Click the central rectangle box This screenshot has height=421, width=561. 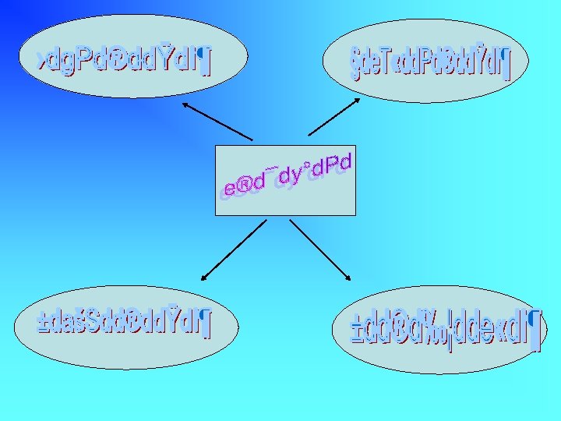285,203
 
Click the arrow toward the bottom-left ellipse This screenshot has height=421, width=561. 233,249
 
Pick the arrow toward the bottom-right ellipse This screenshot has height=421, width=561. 319,249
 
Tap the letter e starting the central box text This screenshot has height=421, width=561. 228,189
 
